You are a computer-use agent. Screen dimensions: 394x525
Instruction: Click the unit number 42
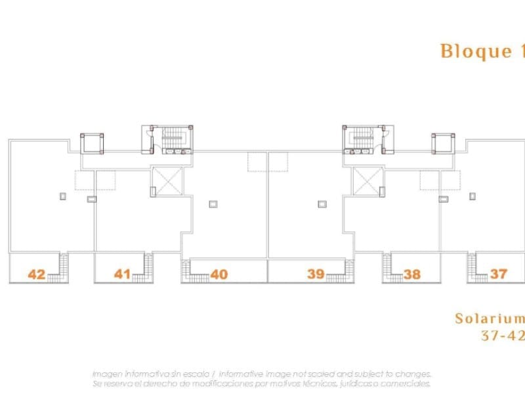pyautogui.click(x=37, y=274)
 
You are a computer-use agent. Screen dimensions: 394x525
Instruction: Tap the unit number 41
pyautogui.click(x=122, y=273)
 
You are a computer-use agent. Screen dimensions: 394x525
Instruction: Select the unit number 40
pyautogui.click(x=219, y=274)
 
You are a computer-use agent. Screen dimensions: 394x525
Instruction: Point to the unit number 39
pyautogui.click(x=316, y=273)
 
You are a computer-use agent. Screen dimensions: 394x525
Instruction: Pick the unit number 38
pyautogui.click(x=412, y=274)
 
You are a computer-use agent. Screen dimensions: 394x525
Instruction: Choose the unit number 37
pyautogui.click(x=498, y=273)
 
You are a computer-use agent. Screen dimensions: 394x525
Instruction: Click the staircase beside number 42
pyautogui.click(x=62, y=266)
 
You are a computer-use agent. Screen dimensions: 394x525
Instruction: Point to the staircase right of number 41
pyautogui.click(x=148, y=266)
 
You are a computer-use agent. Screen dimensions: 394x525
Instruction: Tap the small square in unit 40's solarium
pyautogui.click(x=213, y=204)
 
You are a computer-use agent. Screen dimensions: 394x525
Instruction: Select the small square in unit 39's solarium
pyautogui.click(x=322, y=204)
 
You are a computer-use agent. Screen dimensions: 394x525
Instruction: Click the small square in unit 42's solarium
pyautogui.click(x=63, y=195)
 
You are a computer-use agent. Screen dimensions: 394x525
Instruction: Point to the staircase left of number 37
pyautogui.click(x=472, y=266)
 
